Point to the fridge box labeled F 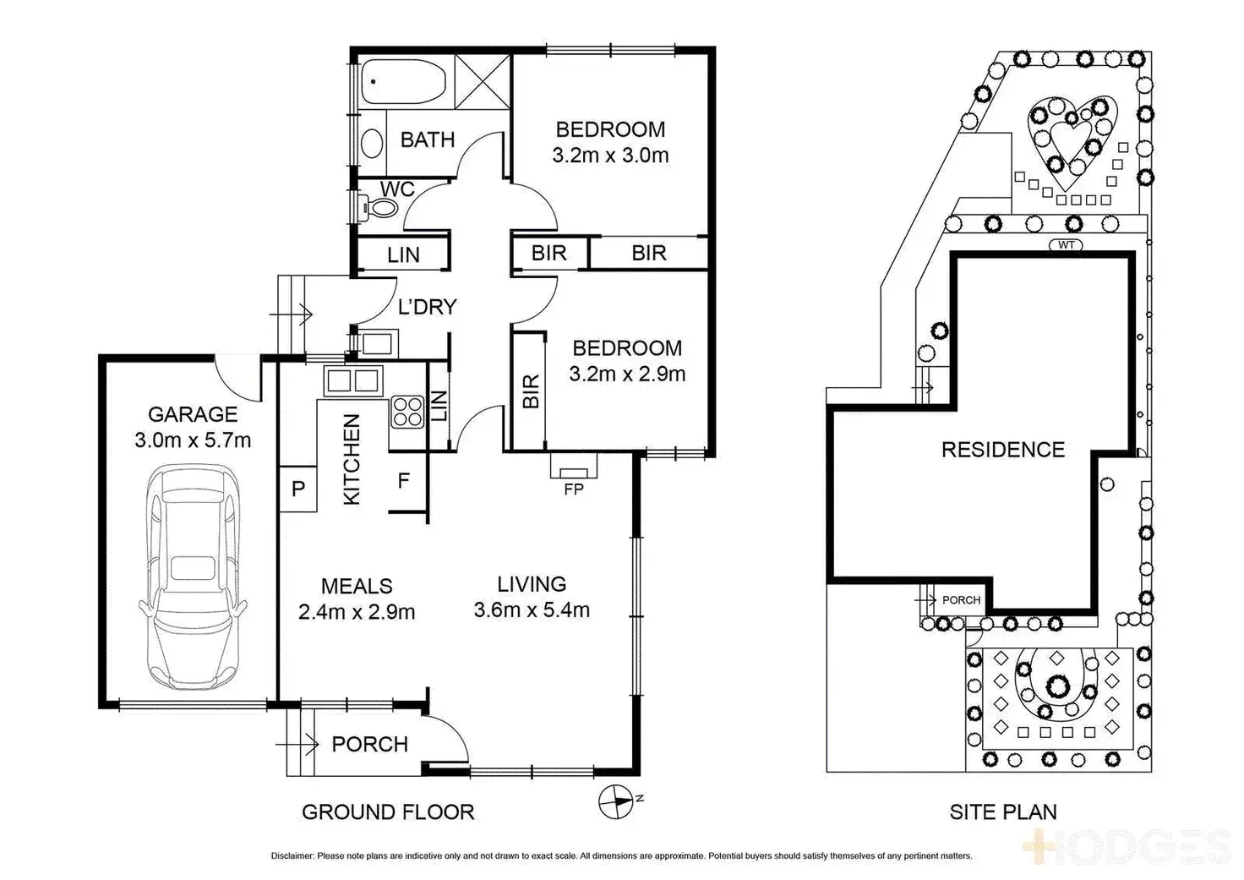(403, 481)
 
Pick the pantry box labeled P (297, 489)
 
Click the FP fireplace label (573, 489)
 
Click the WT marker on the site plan (1065, 245)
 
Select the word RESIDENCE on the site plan (1003, 449)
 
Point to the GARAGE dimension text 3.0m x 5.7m (193, 440)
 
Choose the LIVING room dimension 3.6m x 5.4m (532, 609)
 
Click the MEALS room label (357, 585)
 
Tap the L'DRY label (427, 306)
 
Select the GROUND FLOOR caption (388, 812)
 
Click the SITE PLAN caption (1003, 812)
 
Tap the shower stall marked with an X (483, 82)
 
